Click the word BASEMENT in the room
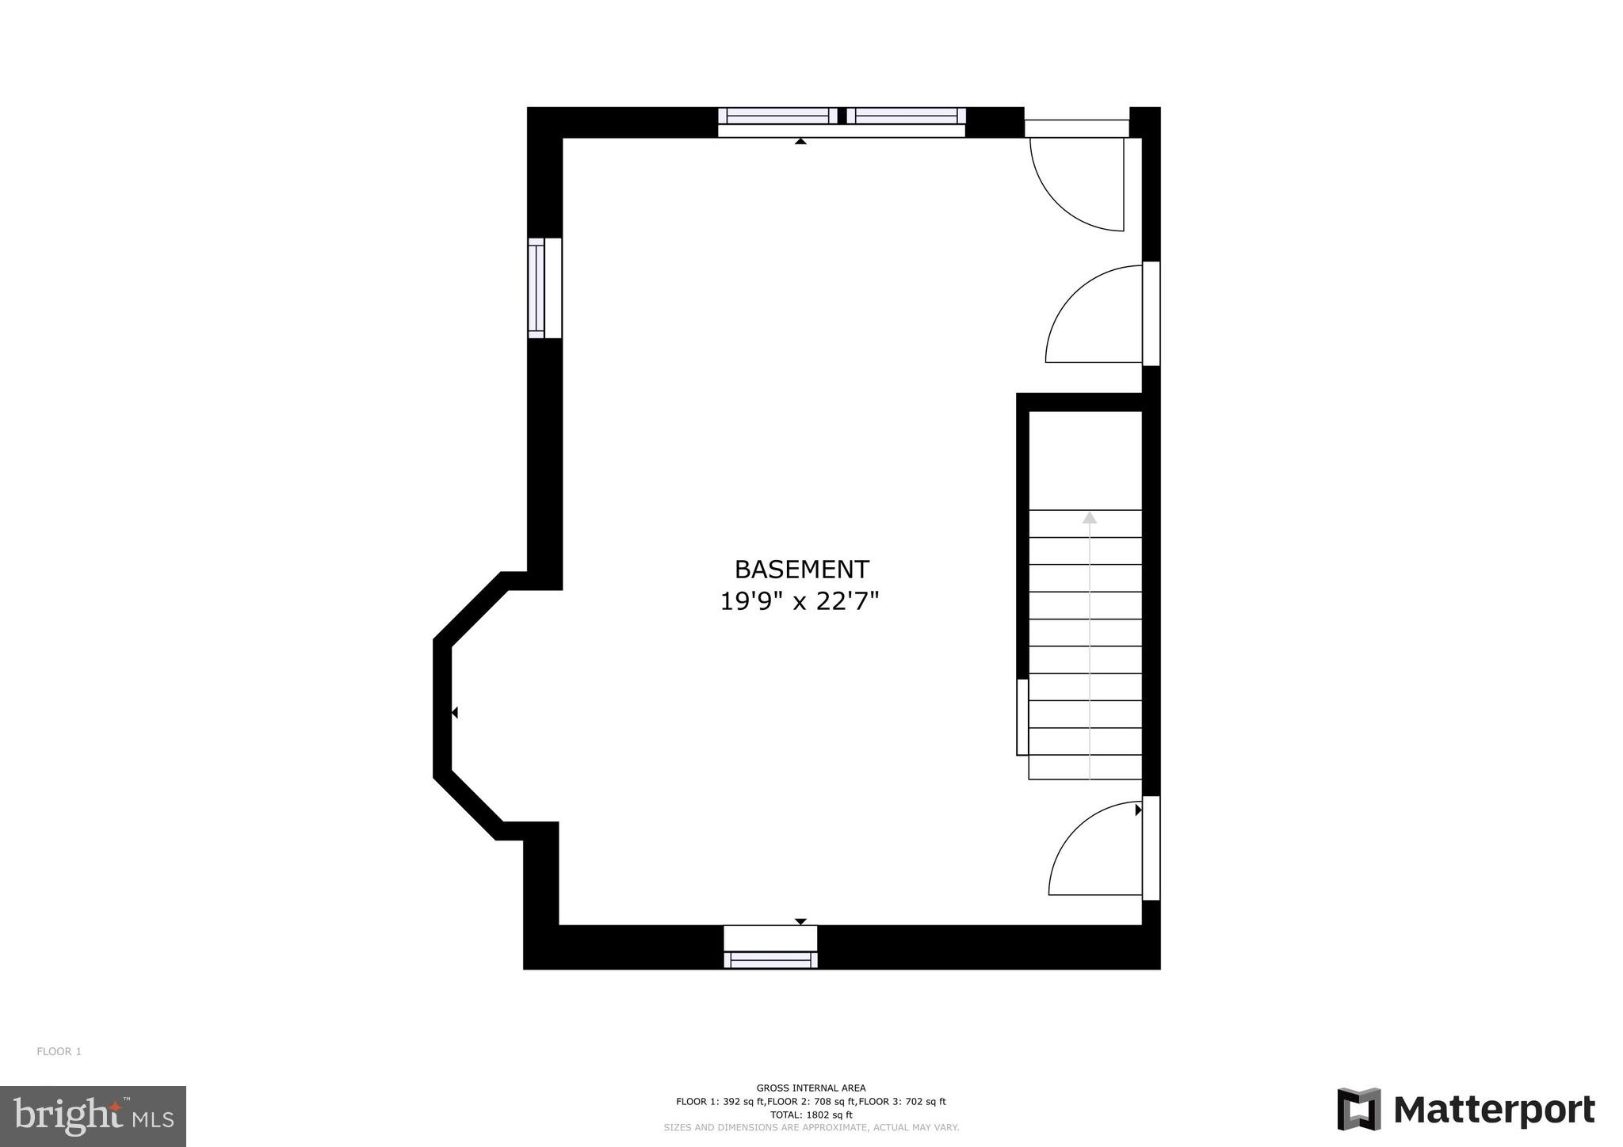coord(801,570)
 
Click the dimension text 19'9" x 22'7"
coord(800,602)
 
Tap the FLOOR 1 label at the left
coord(59,1052)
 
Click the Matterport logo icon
coord(1358,1109)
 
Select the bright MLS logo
coord(93,1116)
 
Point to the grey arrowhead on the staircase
coord(1090,518)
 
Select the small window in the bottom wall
coord(770,959)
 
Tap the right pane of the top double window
coord(906,116)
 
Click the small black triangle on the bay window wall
coord(454,713)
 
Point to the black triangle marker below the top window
coord(800,142)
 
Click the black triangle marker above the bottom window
coord(800,921)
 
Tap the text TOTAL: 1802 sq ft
coord(811,1115)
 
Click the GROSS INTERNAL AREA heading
coord(811,1088)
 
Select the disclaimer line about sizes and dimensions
coord(811,1127)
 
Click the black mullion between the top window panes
coord(842,116)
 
